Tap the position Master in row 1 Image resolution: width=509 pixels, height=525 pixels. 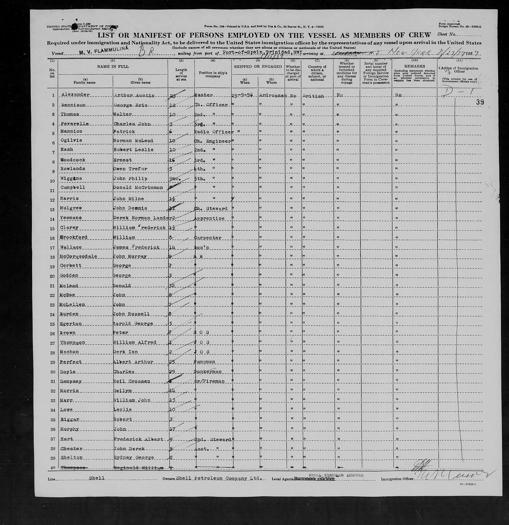click(204, 95)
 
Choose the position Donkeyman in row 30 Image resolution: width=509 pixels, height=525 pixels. click(209, 372)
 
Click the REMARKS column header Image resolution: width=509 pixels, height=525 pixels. click(414, 66)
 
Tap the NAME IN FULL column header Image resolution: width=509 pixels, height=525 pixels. click(113, 66)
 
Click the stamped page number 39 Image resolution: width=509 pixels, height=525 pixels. click(480, 102)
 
